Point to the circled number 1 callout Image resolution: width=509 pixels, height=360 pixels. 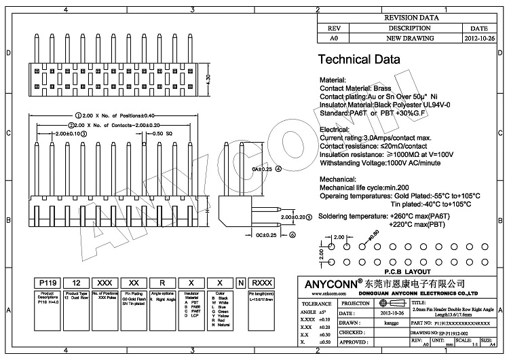pyautogui.click(x=78, y=115)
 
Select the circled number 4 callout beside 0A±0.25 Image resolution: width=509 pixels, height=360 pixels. pyautogui.click(x=278, y=168)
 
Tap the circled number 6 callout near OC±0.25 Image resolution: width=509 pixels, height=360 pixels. pyautogui.click(x=293, y=235)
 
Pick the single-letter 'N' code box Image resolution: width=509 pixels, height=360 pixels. pyautogui.click(x=240, y=282)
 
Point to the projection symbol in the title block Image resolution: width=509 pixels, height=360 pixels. pyautogui.click(x=388, y=303)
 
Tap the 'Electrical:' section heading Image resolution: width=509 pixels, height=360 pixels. pyautogui.click(x=335, y=128)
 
